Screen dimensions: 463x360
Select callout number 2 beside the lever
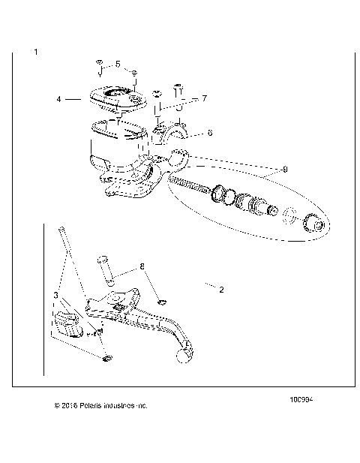(x=220, y=287)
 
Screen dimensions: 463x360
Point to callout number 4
(x=58, y=98)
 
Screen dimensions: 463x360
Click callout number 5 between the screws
(x=117, y=65)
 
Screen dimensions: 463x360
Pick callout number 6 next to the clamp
(x=210, y=132)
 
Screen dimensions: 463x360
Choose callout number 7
(x=203, y=98)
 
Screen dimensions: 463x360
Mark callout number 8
(x=140, y=266)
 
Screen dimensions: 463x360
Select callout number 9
(x=263, y=170)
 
